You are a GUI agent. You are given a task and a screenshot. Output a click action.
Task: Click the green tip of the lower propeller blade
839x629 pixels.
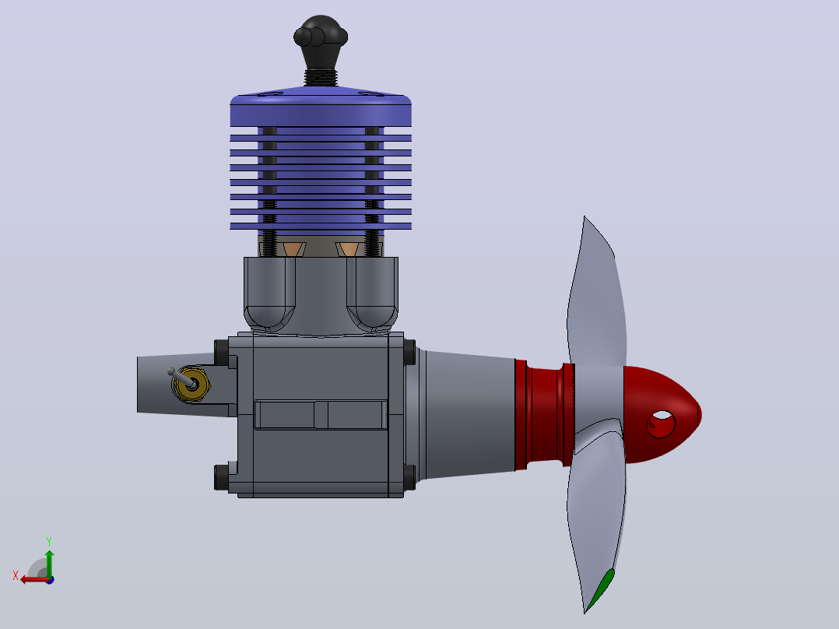[x=602, y=589]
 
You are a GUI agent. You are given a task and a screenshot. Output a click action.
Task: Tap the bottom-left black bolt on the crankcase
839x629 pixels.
[x=221, y=477]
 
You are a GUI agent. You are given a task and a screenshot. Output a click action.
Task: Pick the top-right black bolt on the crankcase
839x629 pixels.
[x=409, y=352]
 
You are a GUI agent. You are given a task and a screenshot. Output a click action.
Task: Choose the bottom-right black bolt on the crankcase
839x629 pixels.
[x=409, y=477]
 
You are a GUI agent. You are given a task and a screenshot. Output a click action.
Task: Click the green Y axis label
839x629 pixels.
[x=49, y=542]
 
